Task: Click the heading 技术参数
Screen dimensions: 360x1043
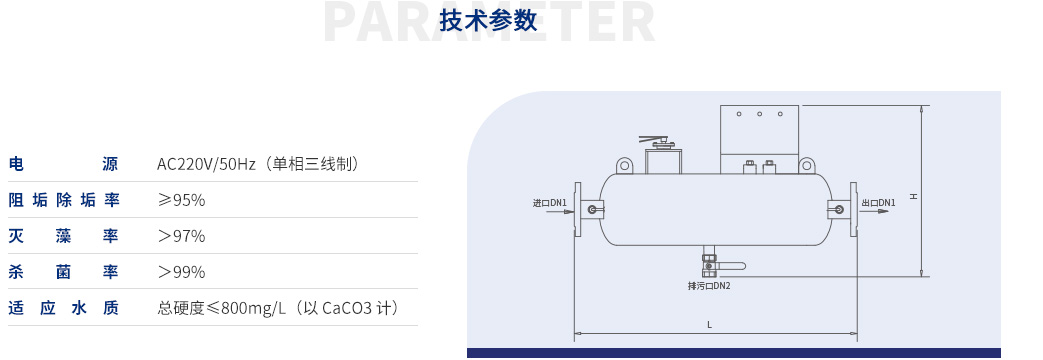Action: click(489, 21)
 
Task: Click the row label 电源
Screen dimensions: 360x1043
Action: click(63, 164)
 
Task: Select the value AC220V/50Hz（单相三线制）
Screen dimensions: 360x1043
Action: click(258, 164)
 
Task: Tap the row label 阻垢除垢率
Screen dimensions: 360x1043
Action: click(63, 200)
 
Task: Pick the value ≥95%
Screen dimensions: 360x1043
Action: click(181, 200)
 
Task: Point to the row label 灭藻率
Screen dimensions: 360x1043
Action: click(63, 236)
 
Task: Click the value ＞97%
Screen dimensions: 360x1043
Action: click(181, 236)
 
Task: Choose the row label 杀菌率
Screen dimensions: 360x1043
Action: click(63, 272)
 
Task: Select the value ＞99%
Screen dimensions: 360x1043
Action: click(181, 272)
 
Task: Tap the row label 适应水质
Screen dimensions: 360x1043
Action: click(63, 308)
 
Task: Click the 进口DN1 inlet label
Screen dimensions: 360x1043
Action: click(550, 203)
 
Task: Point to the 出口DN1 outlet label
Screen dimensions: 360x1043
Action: click(879, 203)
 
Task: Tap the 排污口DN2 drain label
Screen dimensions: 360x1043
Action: click(709, 286)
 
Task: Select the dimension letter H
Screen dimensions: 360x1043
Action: click(913, 196)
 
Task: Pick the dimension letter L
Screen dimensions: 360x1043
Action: click(709, 324)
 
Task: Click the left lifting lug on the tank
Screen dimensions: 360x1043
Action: click(624, 165)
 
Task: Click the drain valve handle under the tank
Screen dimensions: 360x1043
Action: click(733, 266)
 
